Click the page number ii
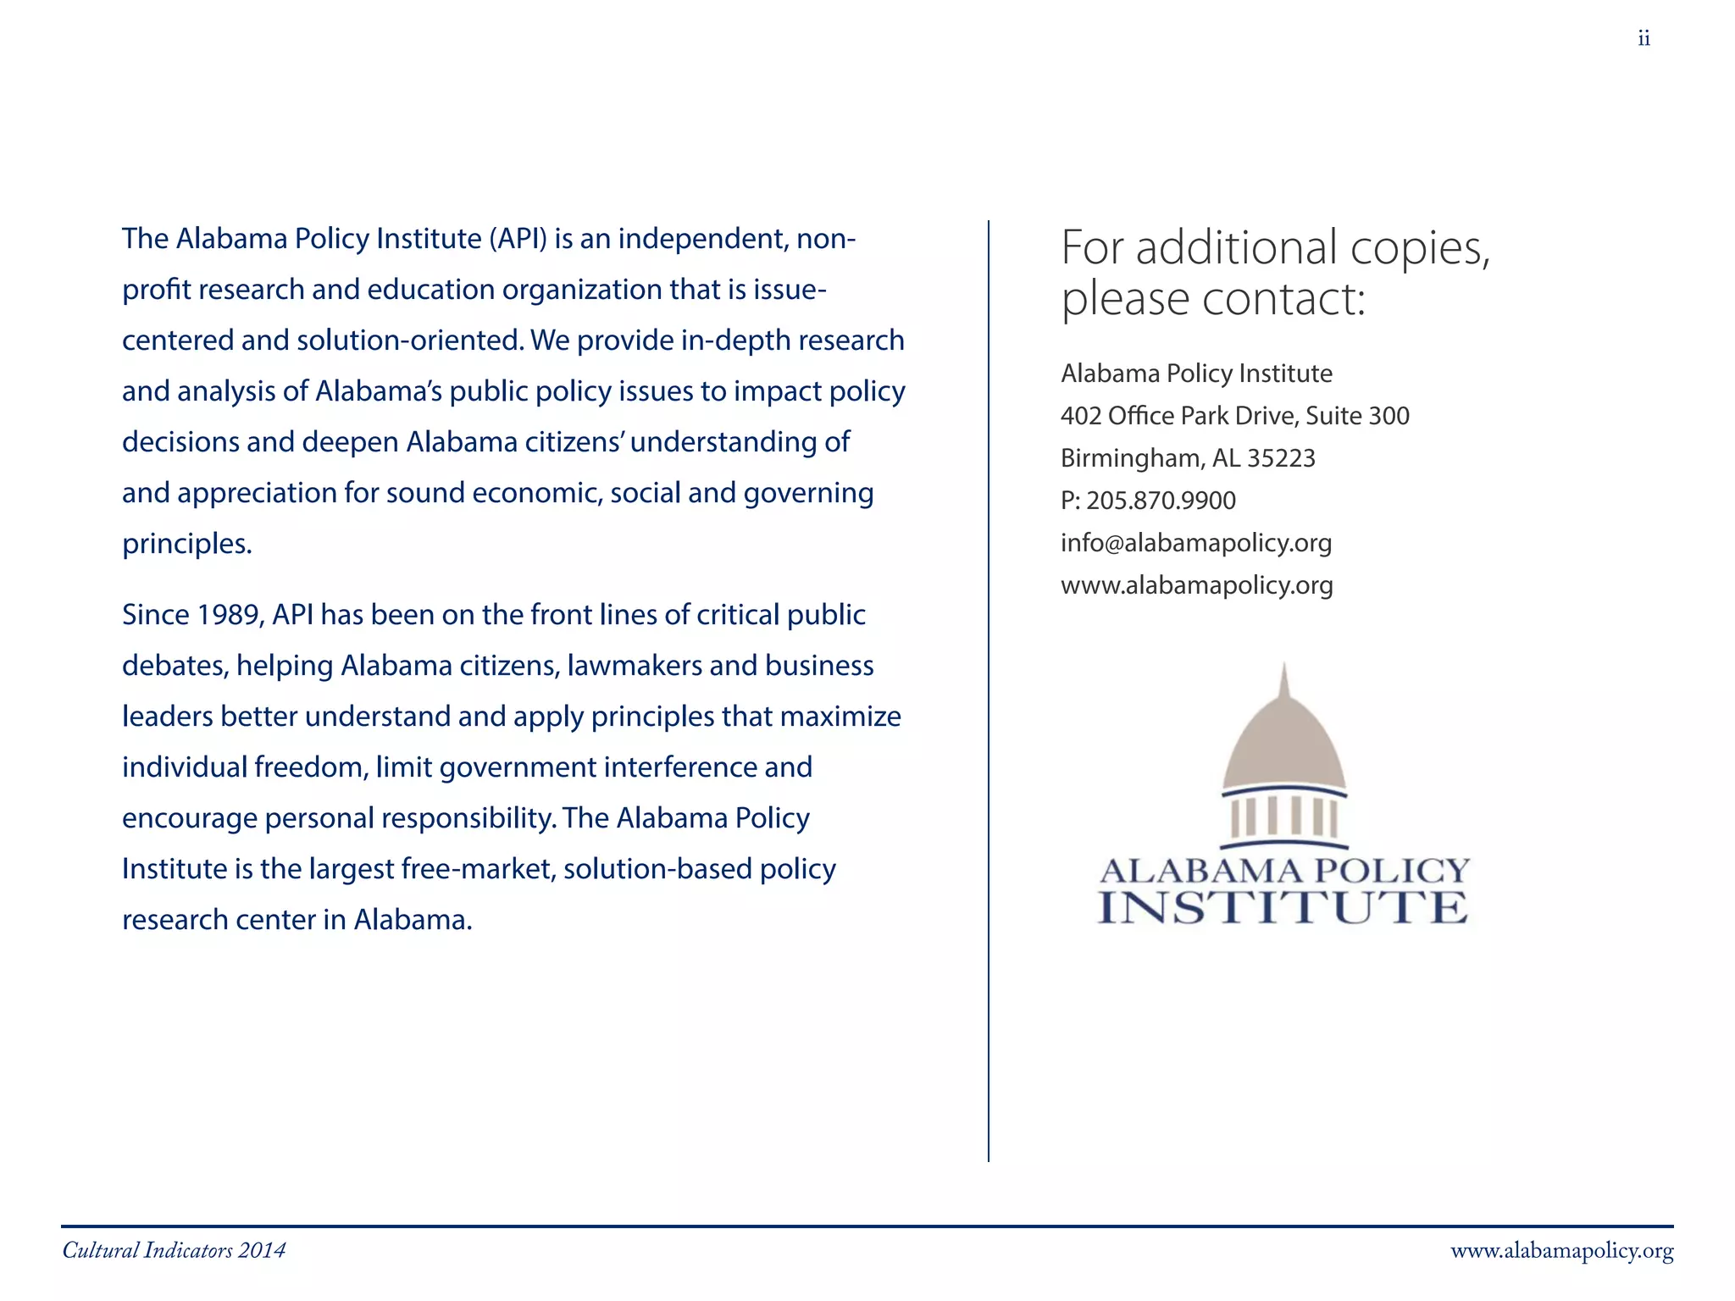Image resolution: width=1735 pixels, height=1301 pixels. (x=1644, y=39)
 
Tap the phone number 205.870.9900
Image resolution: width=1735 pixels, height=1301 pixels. (x=1161, y=501)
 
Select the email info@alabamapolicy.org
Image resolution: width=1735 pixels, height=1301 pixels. (x=1195, y=543)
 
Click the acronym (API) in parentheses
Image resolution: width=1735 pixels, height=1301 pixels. (x=518, y=239)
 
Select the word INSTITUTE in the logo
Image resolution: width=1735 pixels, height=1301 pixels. (x=1283, y=908)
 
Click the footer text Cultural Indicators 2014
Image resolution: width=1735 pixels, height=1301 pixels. (x=174, y=1251)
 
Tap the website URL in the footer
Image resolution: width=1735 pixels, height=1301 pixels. (x=1561, y=1251)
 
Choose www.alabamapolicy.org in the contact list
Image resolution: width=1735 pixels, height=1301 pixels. (x=1196, y=585)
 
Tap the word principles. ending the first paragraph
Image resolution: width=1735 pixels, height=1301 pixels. (x=187, y=544)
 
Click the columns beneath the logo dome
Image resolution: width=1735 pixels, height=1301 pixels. (x=1283, y=818)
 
